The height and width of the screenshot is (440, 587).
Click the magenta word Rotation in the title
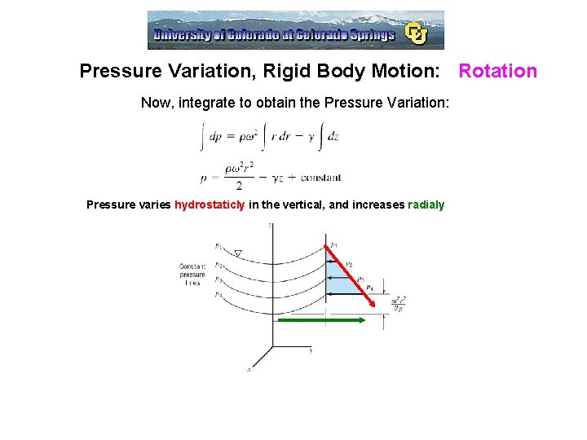pos(497,71)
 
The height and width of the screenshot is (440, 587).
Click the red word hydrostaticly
pos(210,205)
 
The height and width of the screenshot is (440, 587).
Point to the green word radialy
pos(426,205)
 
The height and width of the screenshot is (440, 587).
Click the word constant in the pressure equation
pos(320,178)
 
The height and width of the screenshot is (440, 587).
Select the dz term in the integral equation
pos(332,136)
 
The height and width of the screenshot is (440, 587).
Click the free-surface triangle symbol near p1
pos(238,253)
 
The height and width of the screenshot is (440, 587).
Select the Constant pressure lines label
pos(192,275)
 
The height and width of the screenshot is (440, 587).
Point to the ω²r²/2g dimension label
pos(399,303)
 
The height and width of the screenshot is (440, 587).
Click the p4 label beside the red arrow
pos(369,287)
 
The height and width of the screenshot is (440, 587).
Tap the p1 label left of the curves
pos(218,245)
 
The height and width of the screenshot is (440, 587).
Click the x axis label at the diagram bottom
pos(249,369)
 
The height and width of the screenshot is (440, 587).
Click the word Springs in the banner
pos(372,34)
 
